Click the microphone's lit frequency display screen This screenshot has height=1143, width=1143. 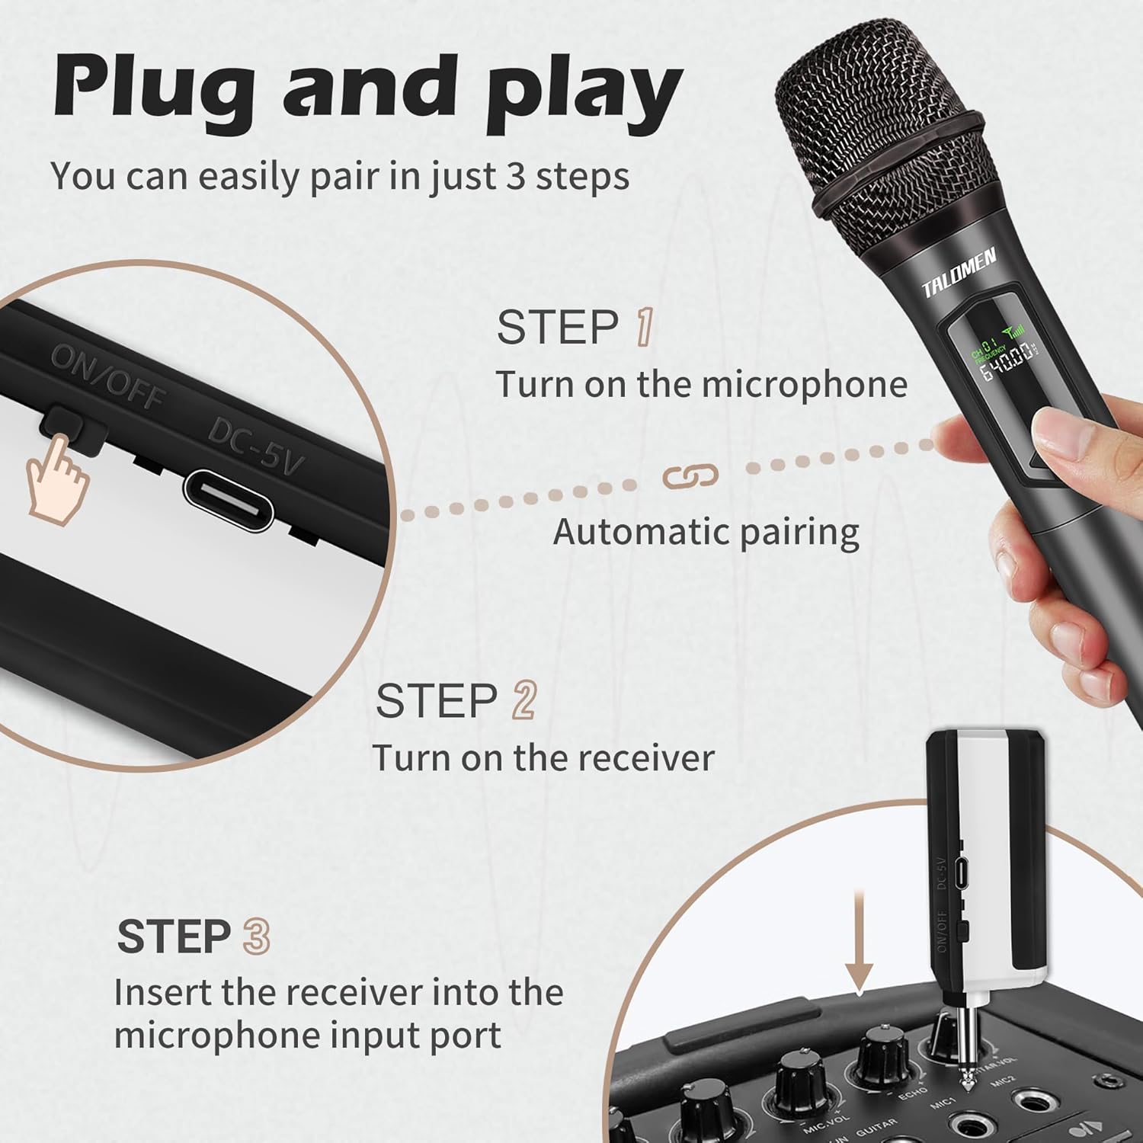coord(1004,362)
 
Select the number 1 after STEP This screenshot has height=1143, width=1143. coord(645,328)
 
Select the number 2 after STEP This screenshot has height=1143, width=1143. coord(524,700)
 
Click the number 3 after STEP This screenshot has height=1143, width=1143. coord(256,936)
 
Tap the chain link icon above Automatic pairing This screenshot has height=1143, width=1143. coord(690,476)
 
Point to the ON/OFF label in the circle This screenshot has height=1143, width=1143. coord(107,376)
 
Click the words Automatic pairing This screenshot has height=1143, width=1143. coord(706,532)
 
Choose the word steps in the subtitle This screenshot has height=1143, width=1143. coord(582,176)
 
